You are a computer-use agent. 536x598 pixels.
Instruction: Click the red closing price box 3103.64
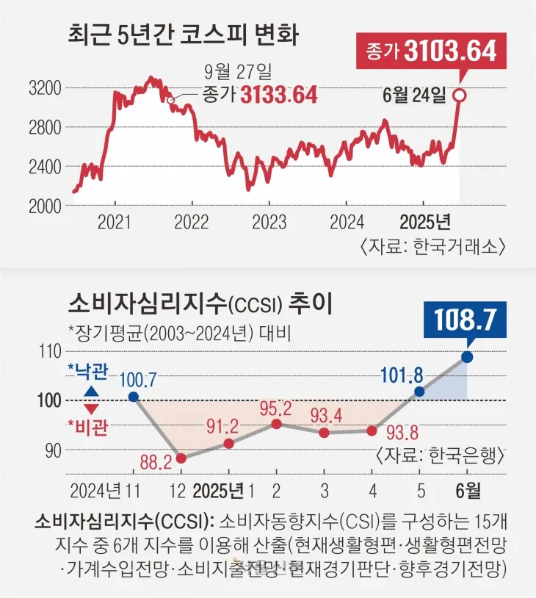pyautogui.click(x=431, y=51)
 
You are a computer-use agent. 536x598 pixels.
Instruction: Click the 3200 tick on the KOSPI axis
pyautogui.click(x=43, y=89)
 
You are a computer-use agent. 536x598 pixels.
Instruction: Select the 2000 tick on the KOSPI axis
pyautogui.click(x=43, y=206)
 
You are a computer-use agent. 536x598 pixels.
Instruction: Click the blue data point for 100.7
pyautogui.click(x=133, y=397)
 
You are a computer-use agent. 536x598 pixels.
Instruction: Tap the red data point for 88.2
pyautogui.click(x=181, y=458)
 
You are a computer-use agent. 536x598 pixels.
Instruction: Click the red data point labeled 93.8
pyautogui.click(x=372, y=431)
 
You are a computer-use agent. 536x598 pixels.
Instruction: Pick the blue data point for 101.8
pyautogui.click(x=419, y=392)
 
